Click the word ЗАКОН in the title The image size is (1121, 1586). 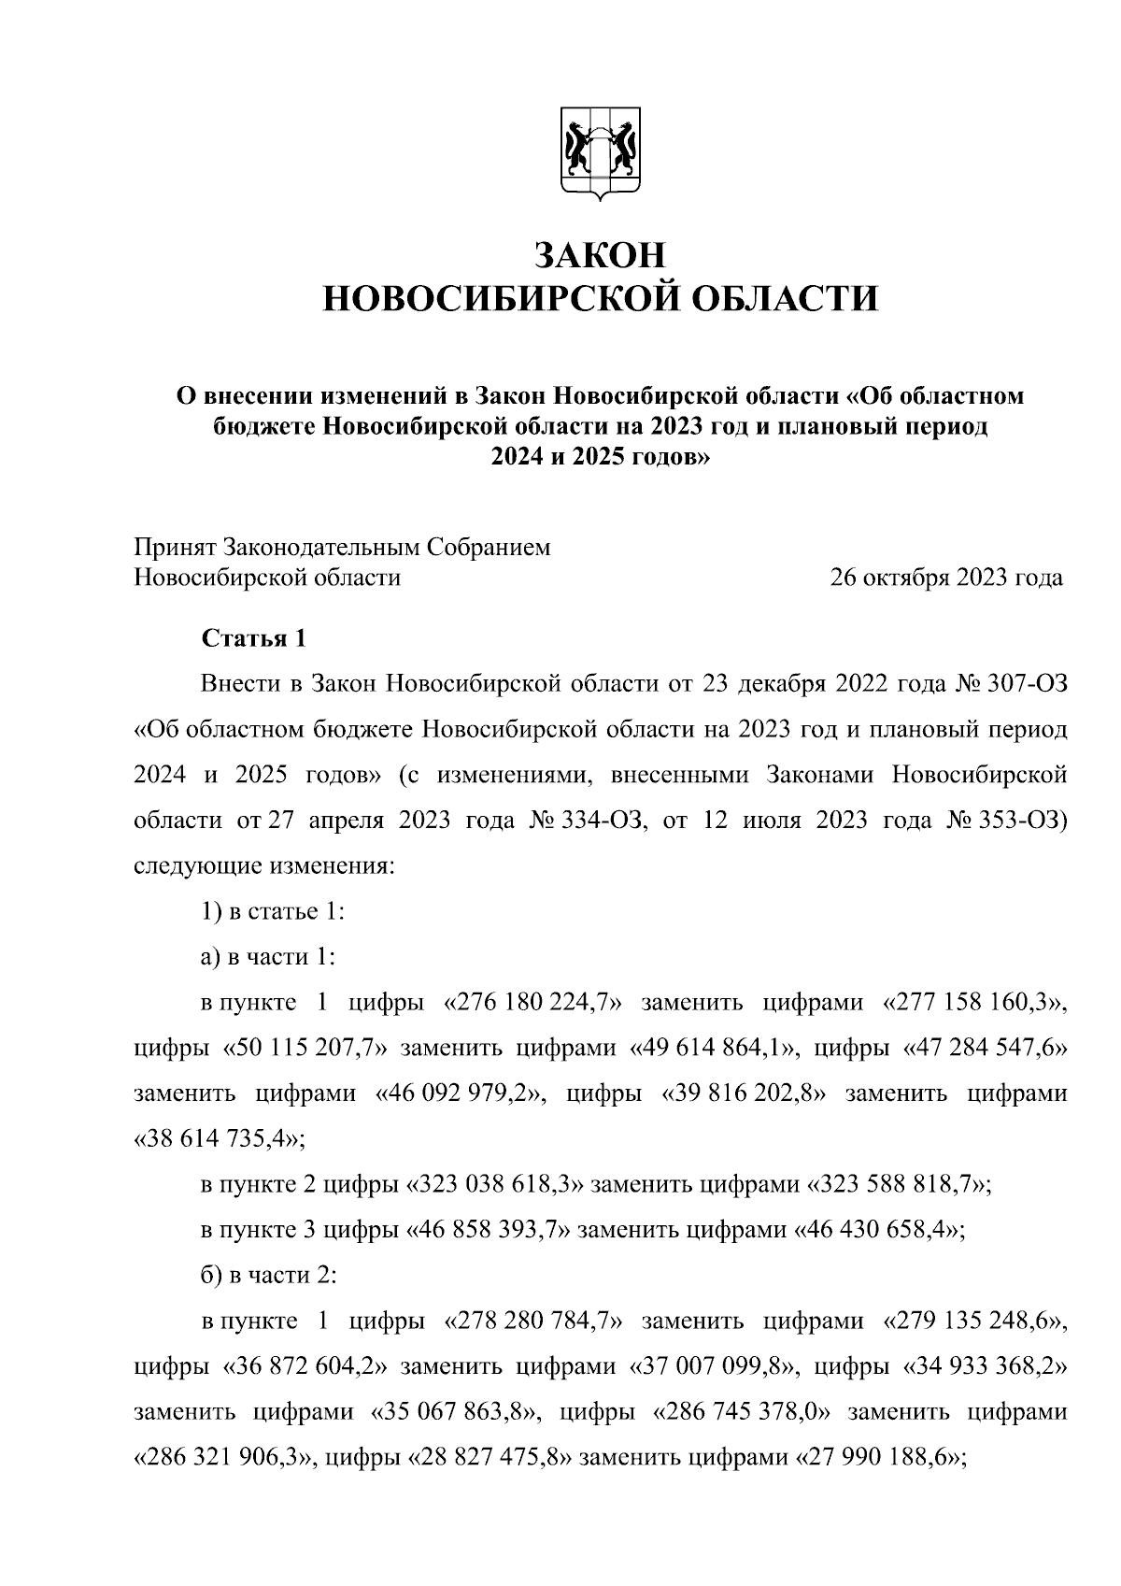(600, 255)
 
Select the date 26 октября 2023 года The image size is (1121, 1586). (946, 579)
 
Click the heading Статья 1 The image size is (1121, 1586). (254, 639)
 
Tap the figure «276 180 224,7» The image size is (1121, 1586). (534, 1004)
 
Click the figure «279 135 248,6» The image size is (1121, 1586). (973, 1322)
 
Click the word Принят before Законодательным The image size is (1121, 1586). (176, 548)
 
